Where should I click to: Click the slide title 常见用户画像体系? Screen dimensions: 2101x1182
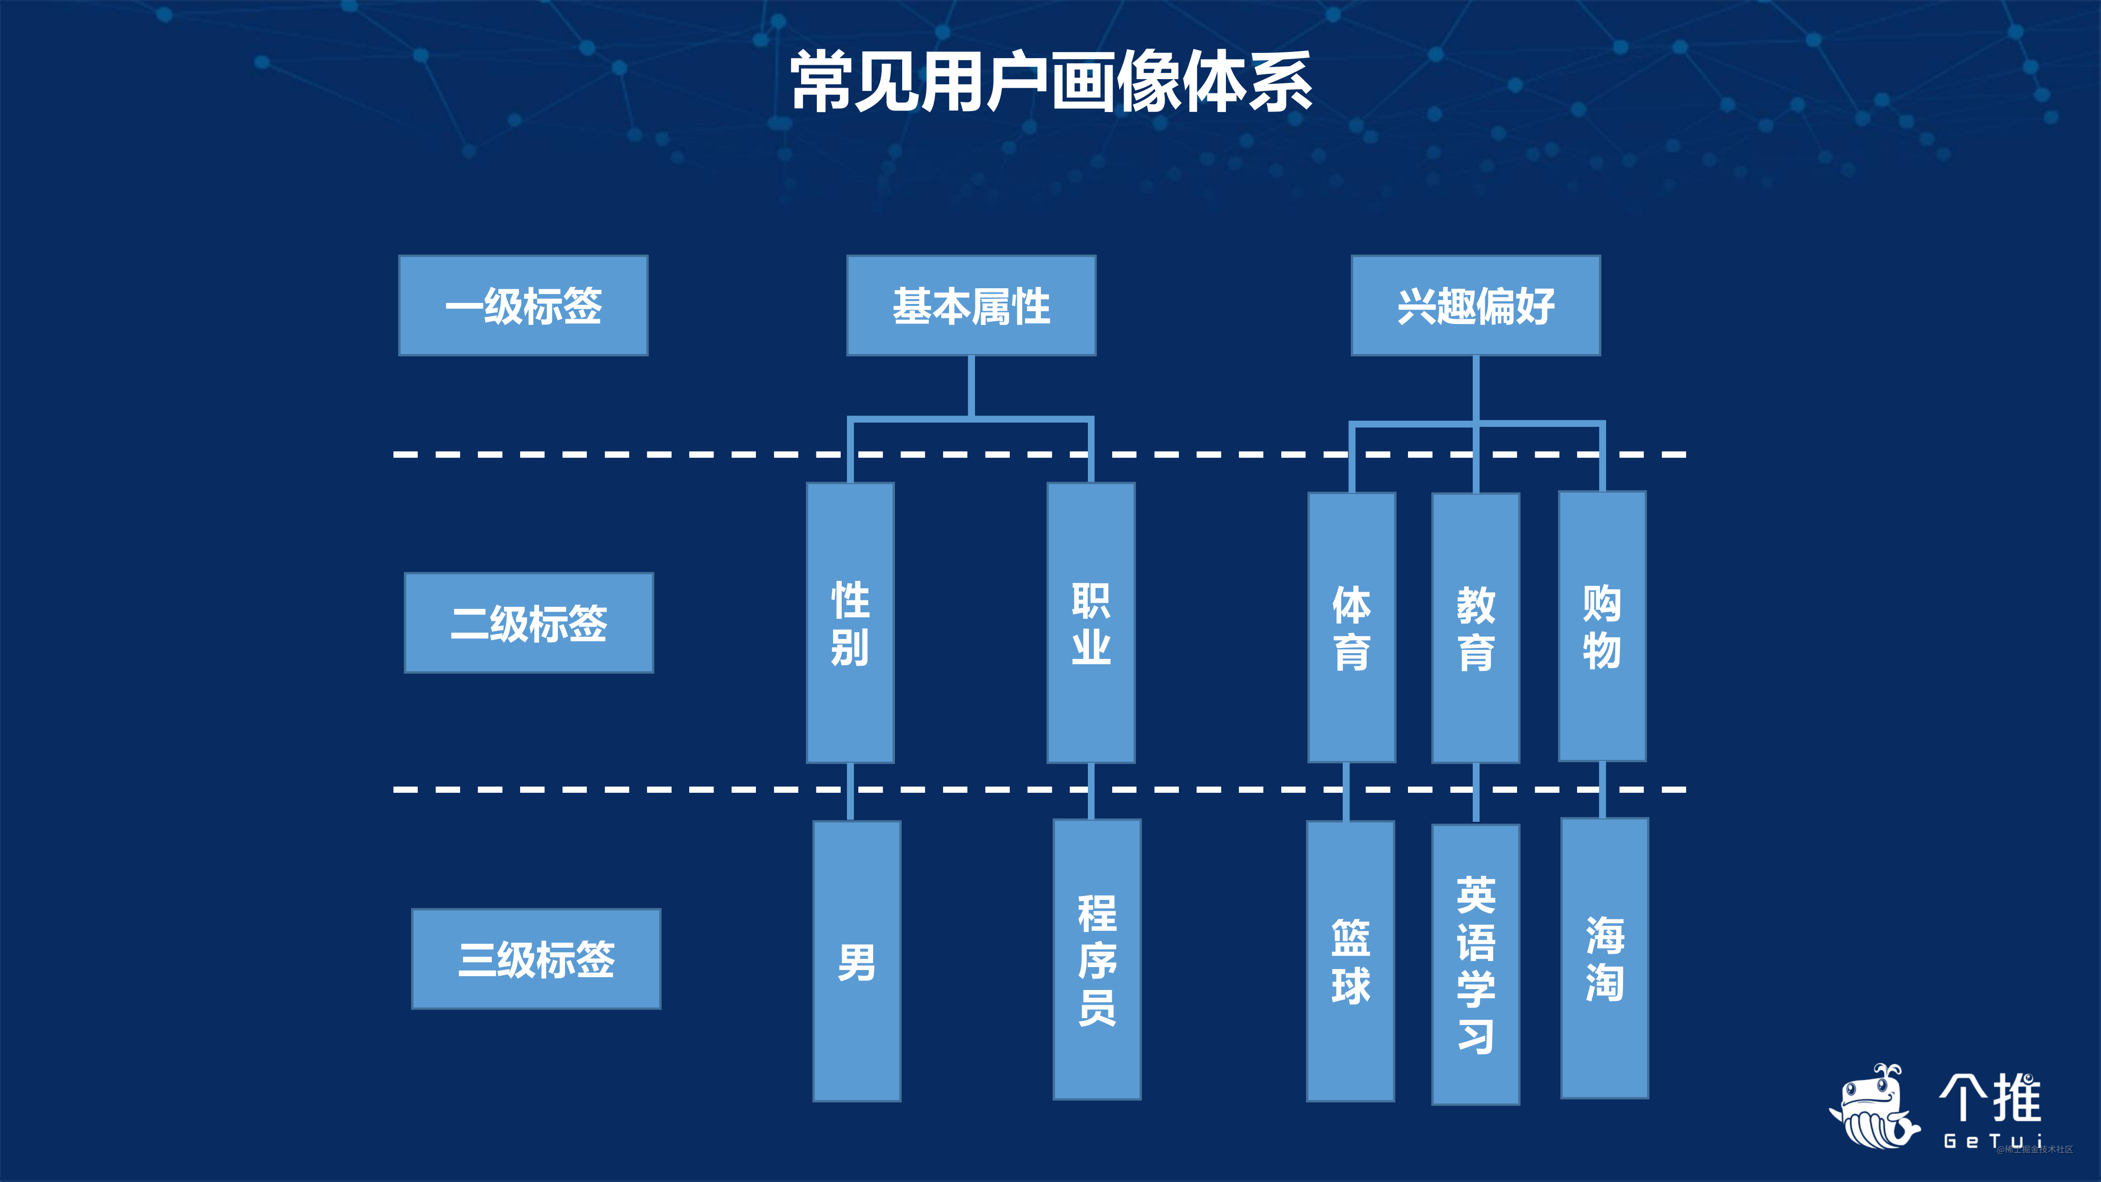pos(1051,81)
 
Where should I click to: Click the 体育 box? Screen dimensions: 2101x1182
pos(1351,627)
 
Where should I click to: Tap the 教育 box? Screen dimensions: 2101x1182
pos(1476,627)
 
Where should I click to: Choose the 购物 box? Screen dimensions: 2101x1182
pos(1602,626)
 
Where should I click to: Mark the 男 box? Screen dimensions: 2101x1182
pos(856,961)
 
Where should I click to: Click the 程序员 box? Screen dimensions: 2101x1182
pos(1097,960)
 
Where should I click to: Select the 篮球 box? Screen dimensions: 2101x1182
pos(1351,961)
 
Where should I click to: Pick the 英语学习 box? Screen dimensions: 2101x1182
pos(1476,964)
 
